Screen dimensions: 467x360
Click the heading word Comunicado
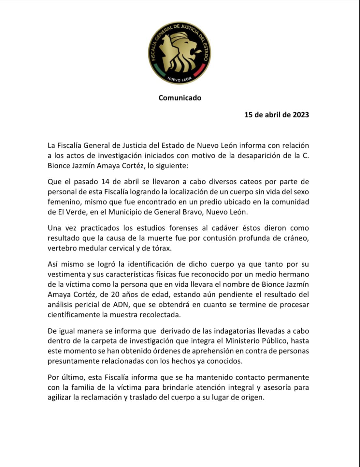(x=180, y=98)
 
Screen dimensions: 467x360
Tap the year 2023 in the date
(x=301, y=115)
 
